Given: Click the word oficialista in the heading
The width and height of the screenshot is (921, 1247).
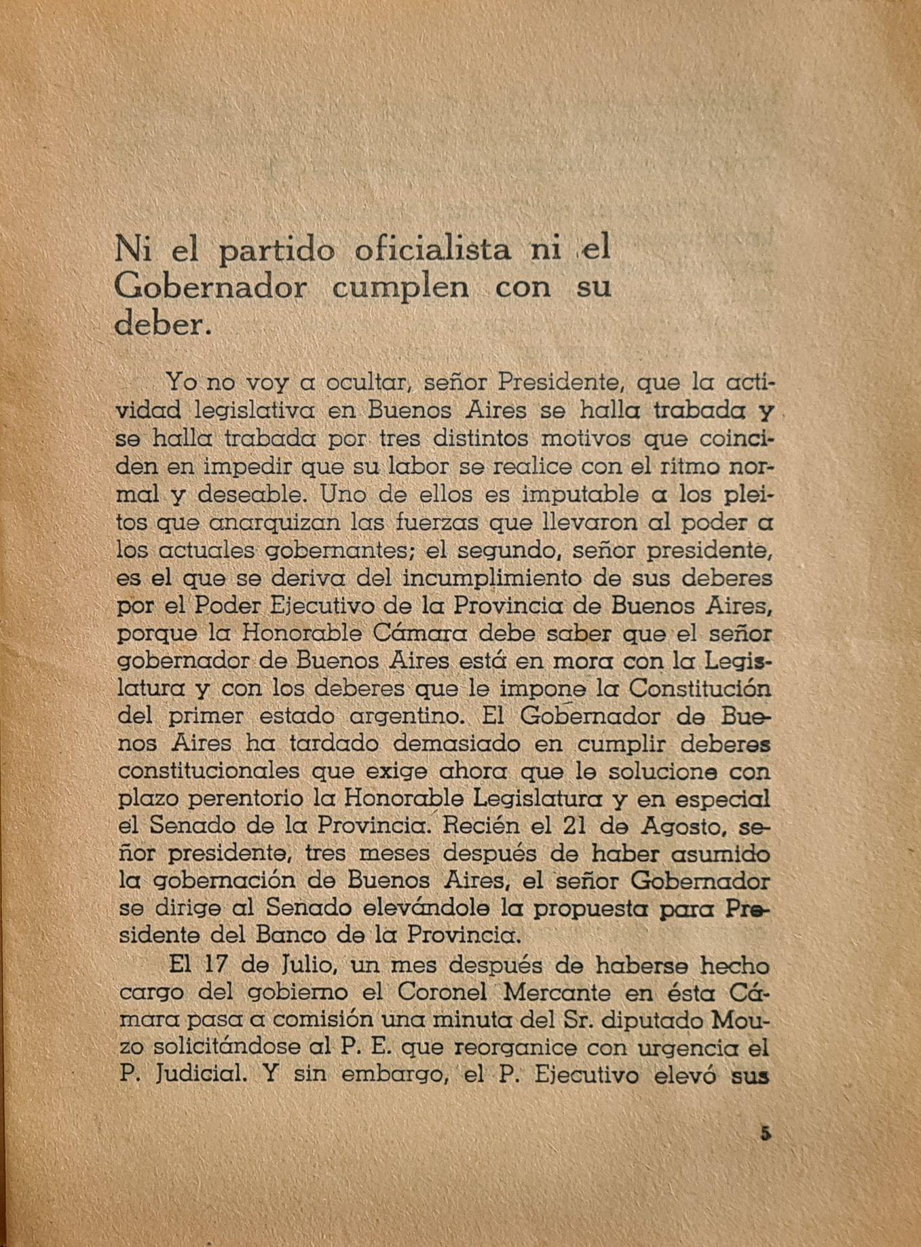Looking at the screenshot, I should pyautogui.click(x=433, y=250).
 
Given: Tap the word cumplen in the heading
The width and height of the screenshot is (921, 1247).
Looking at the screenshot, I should pyautogui.click(x=400, y=288).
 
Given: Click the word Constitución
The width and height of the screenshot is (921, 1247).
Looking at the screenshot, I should pyautogui.click(x=700, y=688).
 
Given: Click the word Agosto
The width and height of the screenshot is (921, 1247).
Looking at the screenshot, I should pyautogui.click(x=670, y=827).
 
